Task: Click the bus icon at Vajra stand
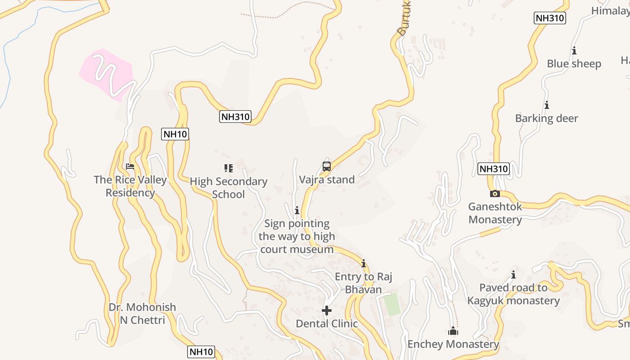point(327,166)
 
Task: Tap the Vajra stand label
point(327,180)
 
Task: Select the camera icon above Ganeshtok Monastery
point(495,193)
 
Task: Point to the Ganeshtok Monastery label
point(495,213)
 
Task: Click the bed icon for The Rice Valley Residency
point(130,166)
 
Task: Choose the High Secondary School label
point(229,188)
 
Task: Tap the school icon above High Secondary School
point(229,168)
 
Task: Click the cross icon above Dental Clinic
point(327,310)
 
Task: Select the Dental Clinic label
point(327,324)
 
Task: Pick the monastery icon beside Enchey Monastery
point(453,332)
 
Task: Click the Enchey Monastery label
point(453,344)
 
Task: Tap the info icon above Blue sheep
point(574,51)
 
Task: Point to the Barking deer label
point(547,118)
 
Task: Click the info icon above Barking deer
point(547,105)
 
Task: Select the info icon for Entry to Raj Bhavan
point(364,264)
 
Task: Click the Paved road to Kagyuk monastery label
point(513,294)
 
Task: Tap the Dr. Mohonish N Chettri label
point(142,314)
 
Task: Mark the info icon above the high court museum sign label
point(297,210)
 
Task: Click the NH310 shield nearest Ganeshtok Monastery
point(493,169)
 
